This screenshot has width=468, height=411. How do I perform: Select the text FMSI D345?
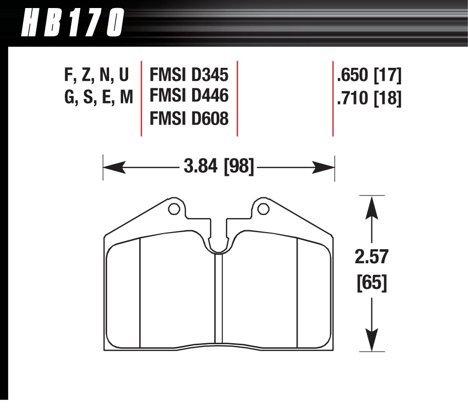point(190,75)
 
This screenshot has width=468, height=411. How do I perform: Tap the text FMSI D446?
point(190,96)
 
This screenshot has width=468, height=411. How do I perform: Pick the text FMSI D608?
point(190,118)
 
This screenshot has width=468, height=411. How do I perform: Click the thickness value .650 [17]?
point(369,75)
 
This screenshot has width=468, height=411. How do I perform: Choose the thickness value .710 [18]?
point(369,97)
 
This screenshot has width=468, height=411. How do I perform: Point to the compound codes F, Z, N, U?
point(97,75)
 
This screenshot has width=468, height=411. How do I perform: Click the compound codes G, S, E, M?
point(99,97)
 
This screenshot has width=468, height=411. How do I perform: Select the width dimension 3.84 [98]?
point(219,166)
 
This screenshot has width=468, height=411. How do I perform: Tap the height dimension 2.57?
point(371,257)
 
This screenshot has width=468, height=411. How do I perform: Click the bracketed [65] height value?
point(371,283)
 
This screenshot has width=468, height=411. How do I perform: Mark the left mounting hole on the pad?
point(173,209)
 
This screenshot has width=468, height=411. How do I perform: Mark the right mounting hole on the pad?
point(262,209)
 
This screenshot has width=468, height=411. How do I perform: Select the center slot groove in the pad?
point(218,301)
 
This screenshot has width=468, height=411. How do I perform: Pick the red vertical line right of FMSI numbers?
point(237,98)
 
